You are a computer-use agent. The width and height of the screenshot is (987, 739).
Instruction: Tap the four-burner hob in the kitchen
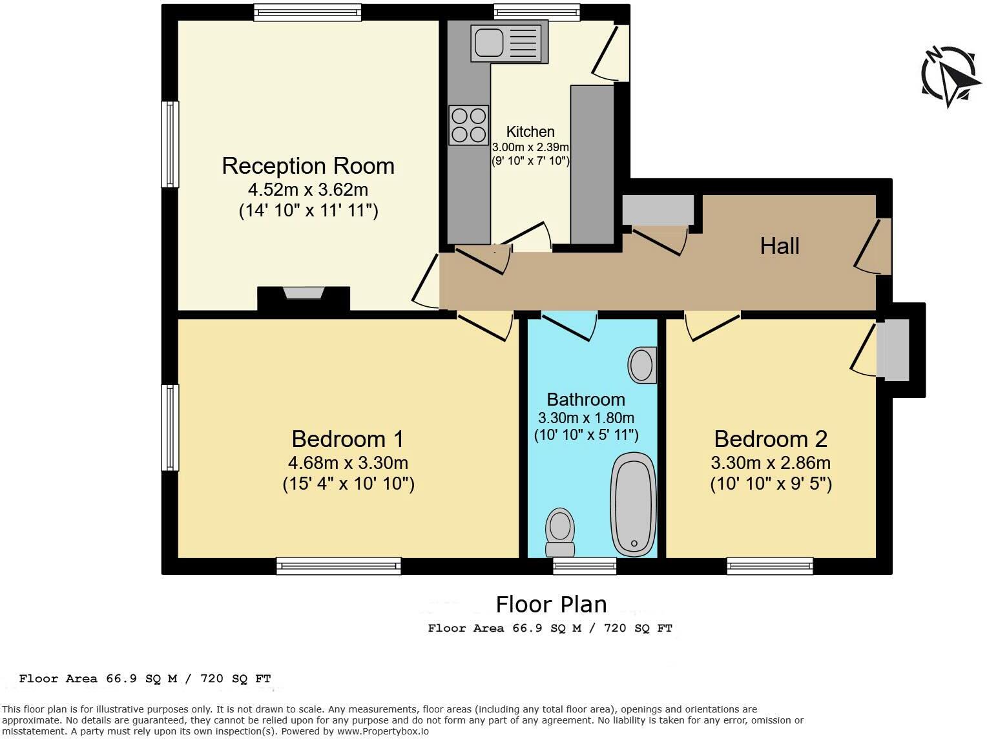(468, 125)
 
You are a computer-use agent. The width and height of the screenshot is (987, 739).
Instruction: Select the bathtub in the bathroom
(634, 504)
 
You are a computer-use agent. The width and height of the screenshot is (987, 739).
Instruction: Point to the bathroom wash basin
(641, 365)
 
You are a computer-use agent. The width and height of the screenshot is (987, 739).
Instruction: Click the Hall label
(779, 246)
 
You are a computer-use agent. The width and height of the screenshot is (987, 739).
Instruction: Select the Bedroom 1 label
(348, 439)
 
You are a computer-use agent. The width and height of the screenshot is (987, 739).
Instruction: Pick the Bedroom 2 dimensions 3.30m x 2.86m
(770, 463)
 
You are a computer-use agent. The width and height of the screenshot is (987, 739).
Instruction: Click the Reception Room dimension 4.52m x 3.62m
(308, 190)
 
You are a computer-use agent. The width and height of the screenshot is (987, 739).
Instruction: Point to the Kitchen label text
(530, 132)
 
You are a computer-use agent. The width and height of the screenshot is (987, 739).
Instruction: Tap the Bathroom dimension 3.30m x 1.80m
(586, 418)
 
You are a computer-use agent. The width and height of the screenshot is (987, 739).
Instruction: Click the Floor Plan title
(551, 605)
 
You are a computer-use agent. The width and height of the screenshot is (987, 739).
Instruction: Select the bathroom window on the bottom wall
(585, 567)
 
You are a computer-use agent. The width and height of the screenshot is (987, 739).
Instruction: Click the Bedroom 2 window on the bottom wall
(769, 567)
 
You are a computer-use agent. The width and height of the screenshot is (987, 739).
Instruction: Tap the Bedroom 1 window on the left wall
(169, 428)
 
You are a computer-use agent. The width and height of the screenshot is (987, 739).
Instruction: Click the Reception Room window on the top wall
(307, 12)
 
